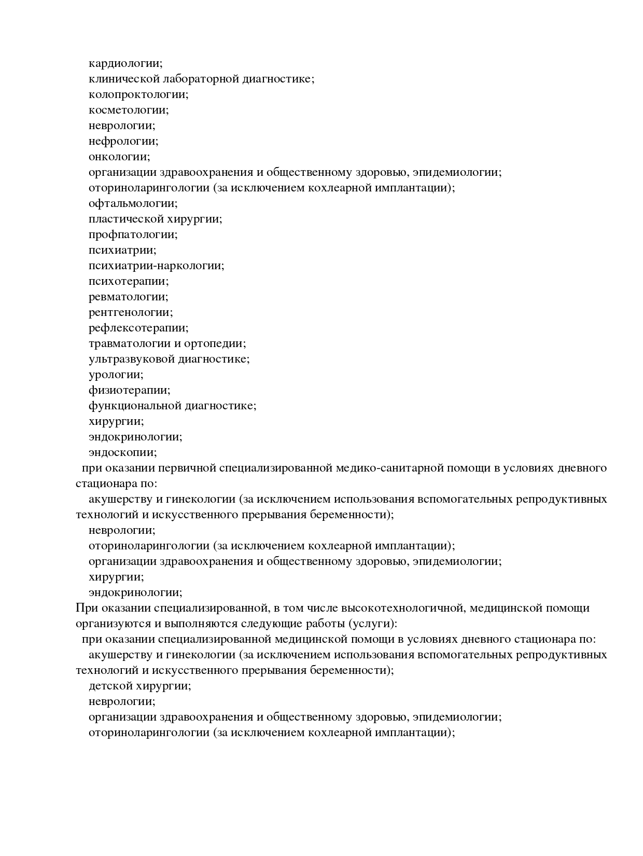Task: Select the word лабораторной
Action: pos(201,79)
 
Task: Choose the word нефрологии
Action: pos(123,141)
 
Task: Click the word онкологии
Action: pos(119,157)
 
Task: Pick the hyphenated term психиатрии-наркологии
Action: pos(156,266)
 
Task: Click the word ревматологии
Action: pos(128,297)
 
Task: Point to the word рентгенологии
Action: pos(130,312)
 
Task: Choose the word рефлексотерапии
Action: pos(138,328)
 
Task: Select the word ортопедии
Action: pos(219,343)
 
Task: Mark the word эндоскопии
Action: pos(122,452)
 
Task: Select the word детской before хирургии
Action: pos(110,686)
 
